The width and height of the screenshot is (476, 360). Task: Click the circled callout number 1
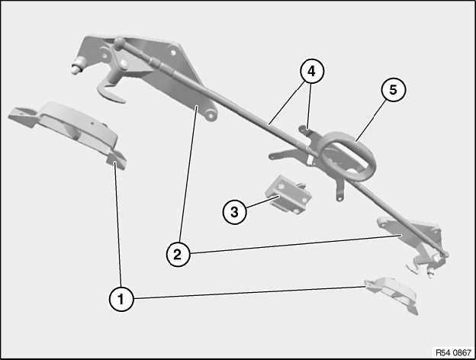pyautogui.click(x=121, y=299)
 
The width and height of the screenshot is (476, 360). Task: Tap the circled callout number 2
pyautogui.click(x=178, y=254)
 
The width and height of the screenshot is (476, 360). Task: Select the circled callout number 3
pyautogui.click(x=235, y=212)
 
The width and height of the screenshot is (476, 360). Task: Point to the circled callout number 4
pyautogui.click(x=312, y=72)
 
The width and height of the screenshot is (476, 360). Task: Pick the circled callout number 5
pyautogui.click(x=394, y=90)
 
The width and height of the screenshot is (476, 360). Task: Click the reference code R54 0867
pyautogui.click(x=453, y=352)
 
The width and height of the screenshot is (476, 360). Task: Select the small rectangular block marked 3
pyautogui.click(x=288, y=194)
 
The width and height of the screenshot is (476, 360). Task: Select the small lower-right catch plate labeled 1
pyautogui.click(x=392, y=293)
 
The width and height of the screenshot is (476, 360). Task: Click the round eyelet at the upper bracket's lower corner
pyautogui.click(x=210, y=115)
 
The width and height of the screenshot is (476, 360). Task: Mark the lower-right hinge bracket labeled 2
pyautogui.click(x=413, y=243)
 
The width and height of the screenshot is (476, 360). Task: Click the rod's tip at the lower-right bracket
pyautogui.click(x=445, y=254)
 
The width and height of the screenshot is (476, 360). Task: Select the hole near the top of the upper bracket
pyautogui.click(x=173, y=53)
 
